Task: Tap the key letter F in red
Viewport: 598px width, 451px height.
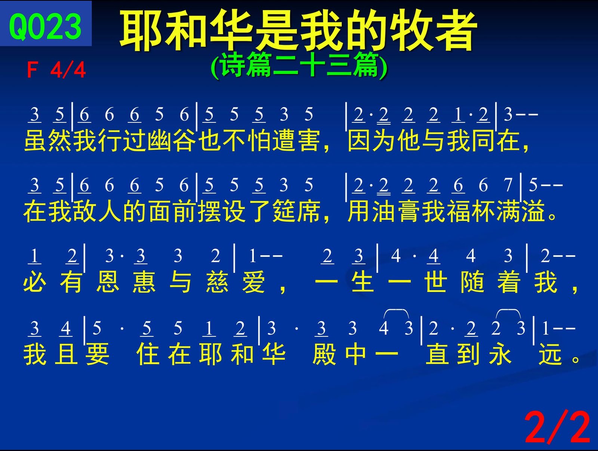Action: pos(32,70)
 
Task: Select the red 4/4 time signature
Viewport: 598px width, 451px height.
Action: pos(68,70)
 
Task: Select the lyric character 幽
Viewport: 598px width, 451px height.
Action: pos(159,141)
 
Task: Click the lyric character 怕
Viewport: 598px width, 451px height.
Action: pos(259,141)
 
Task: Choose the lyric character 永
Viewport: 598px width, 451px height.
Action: pos(500,354)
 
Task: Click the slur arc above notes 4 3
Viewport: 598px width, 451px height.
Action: pos(396,311)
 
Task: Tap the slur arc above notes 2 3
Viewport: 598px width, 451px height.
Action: pos(508,311)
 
